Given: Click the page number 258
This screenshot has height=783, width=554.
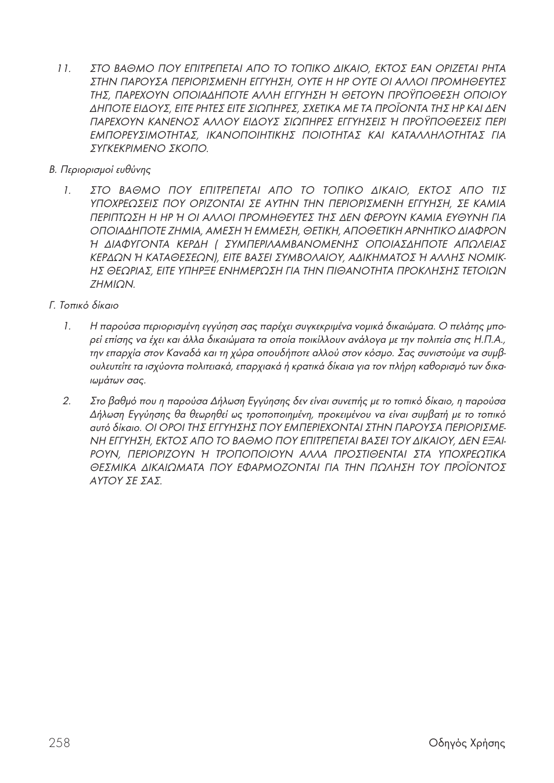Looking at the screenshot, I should [60, 743].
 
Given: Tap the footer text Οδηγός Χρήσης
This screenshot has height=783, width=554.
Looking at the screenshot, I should [467, 744].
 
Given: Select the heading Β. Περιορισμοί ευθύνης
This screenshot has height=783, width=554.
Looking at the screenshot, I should [99, 170].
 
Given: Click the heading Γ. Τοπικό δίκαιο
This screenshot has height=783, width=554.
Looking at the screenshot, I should [84, 305].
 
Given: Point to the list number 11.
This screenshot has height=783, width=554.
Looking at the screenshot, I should [64, 68].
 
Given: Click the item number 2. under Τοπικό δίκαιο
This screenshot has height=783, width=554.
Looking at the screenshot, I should [67, 401].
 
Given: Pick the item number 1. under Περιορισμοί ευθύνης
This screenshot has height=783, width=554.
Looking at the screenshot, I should [67, 190].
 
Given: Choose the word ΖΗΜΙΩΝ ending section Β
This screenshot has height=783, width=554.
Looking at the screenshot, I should [113, 284].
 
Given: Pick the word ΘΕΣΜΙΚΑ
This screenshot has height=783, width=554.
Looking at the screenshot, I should [116, 467].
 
